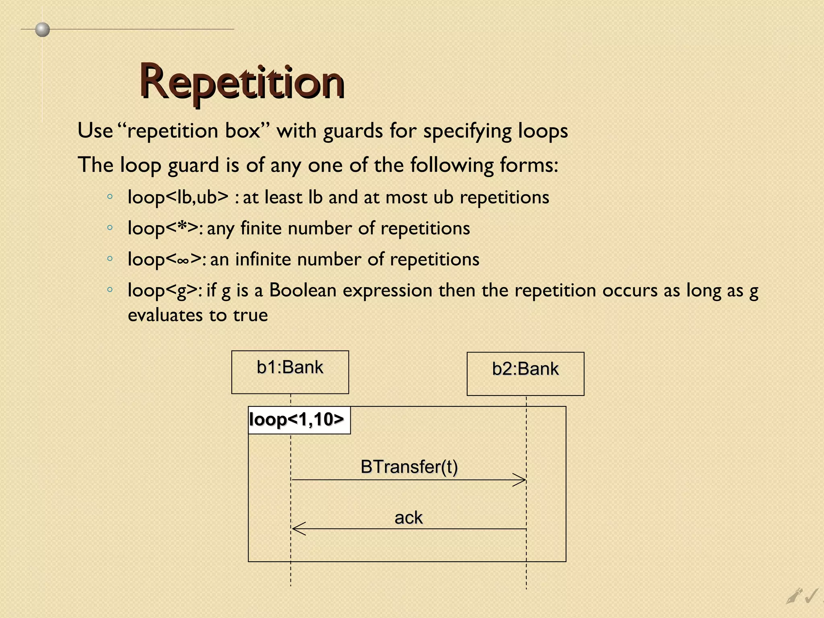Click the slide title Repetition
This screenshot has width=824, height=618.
pyautogui.click(x=242, y=82)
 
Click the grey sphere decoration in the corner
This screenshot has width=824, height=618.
pyautogui.click(x=42, y=29)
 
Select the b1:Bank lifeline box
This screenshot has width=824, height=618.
pyautogui.click(x=290, y=372)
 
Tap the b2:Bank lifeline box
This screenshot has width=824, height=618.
pyautogui.click(x=525, y=373)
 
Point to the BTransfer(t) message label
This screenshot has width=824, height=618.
pyautogui.click(x=409, y=467)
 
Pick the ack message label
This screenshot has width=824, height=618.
pyautogui.click(x=408, y=518)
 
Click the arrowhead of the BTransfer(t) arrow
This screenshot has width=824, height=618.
pyautogui.click(x=521, y=480)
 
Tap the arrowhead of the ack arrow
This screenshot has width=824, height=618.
pyautogui.click(x=298, y=528)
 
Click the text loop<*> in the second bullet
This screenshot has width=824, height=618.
pyautogui.click(x=163, y=229)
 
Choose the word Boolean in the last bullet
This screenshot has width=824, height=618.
pyautogui.click(x=303, y=290)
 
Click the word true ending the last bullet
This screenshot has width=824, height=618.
pyautogui.click(x=250, y=315)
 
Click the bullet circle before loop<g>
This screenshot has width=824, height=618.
pyautogui.click(x=110, y=289)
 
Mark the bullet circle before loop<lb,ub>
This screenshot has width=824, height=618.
pyautogui.click(x=110, y=197)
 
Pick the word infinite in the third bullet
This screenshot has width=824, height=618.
pyautogui.click(x=261, y=260)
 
